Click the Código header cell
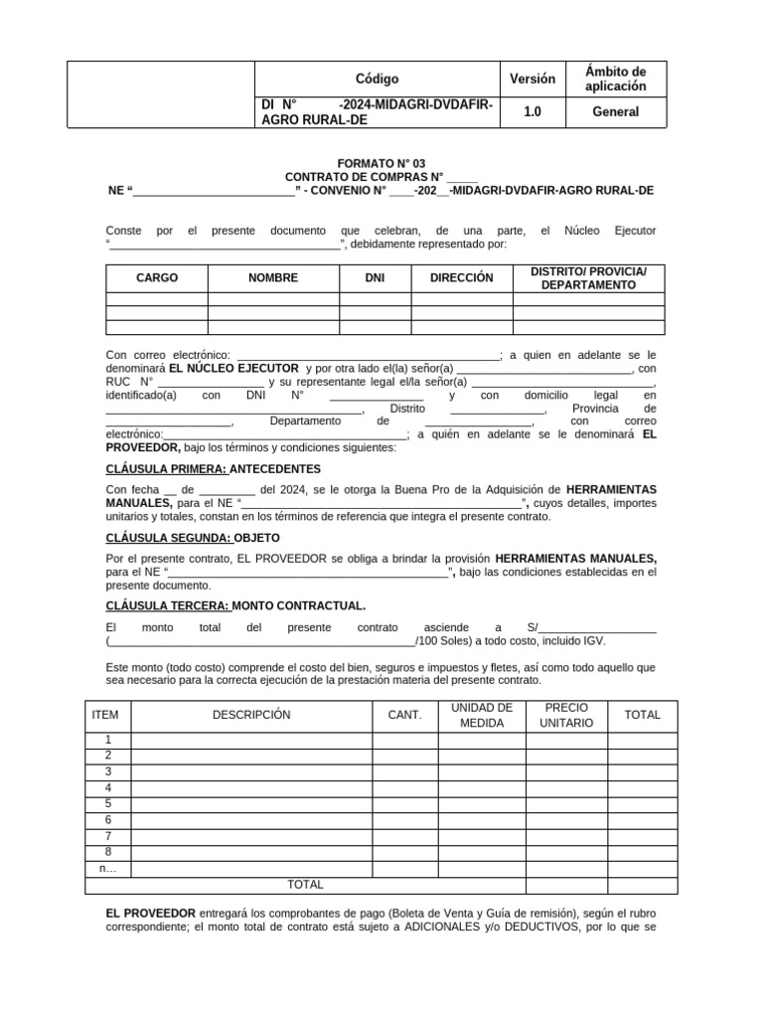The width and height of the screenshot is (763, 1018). pos(377,79)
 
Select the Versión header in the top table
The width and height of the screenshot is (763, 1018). pos(532,79)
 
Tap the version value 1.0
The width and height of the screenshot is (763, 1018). pos(532,112)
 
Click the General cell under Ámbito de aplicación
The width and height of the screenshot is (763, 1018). pos(616,112)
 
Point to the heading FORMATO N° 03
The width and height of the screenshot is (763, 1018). pos(381,162)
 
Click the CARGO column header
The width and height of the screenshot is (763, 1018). pos(156,278)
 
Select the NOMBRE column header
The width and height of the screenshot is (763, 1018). pos(273,278)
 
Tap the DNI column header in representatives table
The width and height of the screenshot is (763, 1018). pos(375,278)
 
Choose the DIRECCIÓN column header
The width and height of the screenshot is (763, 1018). pos(461,278)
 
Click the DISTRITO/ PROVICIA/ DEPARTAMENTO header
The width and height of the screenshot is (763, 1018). pos(588,278)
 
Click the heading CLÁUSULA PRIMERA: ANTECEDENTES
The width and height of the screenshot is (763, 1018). pos(213,468)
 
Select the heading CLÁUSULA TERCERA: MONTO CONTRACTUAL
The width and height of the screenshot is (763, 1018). pos(235,605)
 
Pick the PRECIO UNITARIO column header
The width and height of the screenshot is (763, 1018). pos(566,715)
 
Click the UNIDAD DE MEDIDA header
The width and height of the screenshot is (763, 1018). pos(481,715)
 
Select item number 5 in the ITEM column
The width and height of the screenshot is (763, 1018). pos(107,803)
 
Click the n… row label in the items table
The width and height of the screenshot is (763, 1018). pos(107,868)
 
